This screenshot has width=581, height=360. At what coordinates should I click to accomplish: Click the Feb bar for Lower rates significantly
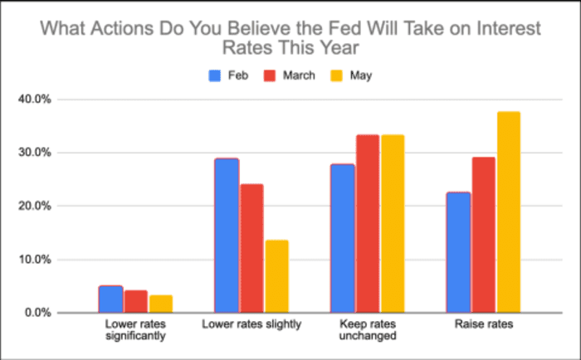(110, 299)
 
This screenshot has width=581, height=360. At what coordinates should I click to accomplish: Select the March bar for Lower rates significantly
(135, 301)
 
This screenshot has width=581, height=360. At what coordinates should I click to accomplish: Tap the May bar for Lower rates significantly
(160, 304)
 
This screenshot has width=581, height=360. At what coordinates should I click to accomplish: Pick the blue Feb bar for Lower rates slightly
(227, 236)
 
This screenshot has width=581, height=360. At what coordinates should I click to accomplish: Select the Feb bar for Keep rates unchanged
(342, 238)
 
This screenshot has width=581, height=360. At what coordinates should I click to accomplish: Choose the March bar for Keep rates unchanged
(367, 224)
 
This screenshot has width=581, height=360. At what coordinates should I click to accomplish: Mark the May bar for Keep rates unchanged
(392, 224)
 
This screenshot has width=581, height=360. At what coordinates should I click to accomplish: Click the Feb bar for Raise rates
(457, 252)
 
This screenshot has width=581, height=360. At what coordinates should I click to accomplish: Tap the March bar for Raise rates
(483, 235)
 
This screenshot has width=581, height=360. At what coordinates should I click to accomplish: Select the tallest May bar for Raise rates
(508, 212)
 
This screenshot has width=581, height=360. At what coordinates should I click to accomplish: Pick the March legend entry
(288, 75)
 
